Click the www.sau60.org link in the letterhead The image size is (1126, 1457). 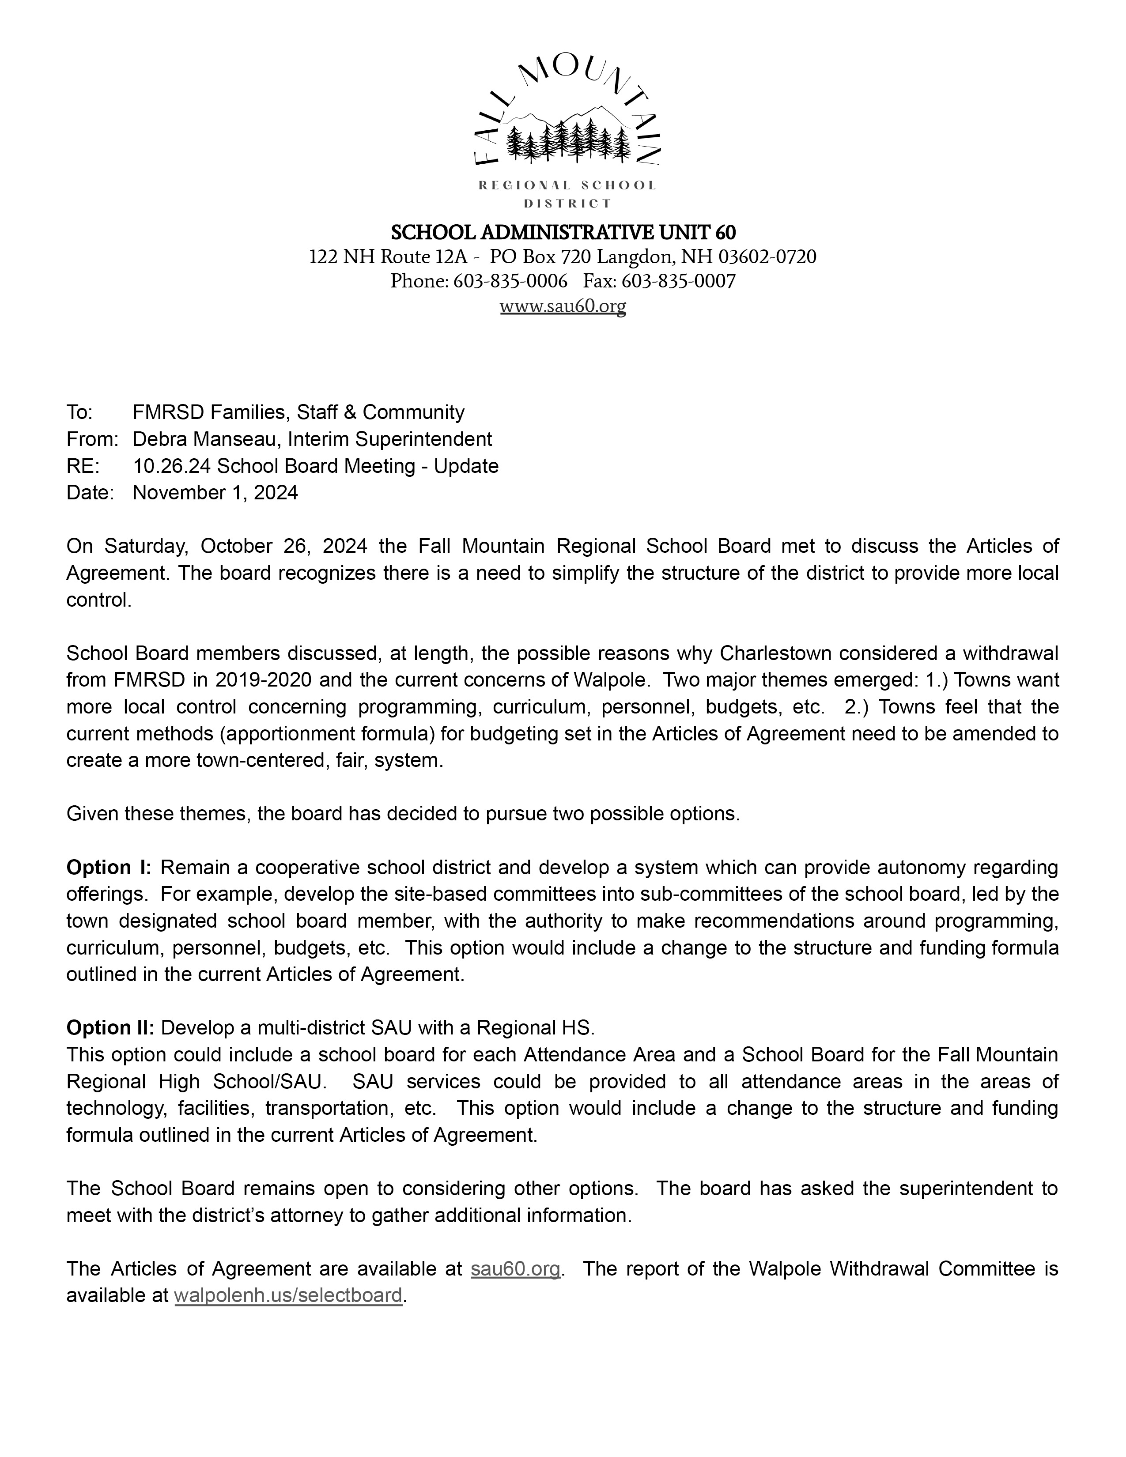click(x=562, y=306)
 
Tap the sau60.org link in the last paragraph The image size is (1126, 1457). click(x=515, y=1269)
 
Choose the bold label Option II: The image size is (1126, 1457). click(x=110, y=1028)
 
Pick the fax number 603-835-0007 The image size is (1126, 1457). click(x=678, y=281)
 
